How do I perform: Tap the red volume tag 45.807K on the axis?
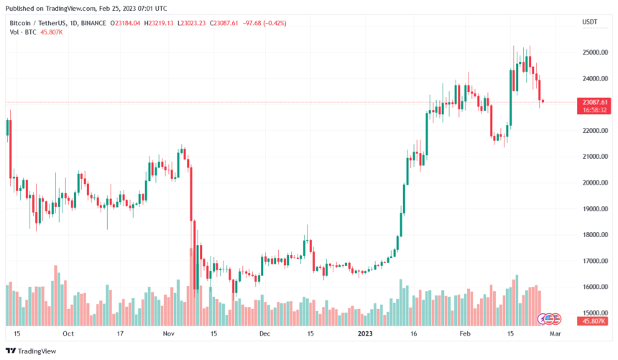click(594, 320)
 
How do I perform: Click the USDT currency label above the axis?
click(589, 23)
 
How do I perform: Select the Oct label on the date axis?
click(68, 333)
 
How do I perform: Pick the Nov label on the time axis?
click(169, 333)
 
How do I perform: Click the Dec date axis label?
click(264, 333)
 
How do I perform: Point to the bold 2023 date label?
click(366, 333)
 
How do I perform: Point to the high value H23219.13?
click(165, 23)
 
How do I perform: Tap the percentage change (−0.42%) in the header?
click(272, 23)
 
